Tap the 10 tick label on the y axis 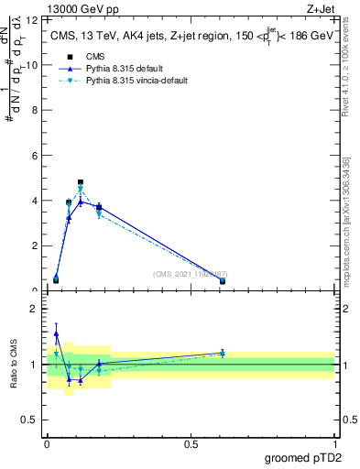33,65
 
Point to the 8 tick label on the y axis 35,110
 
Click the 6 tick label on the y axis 35,156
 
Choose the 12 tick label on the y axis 33,20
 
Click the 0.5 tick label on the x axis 191,444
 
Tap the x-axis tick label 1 334,444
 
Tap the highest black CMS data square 81,182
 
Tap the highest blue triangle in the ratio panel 56,333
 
